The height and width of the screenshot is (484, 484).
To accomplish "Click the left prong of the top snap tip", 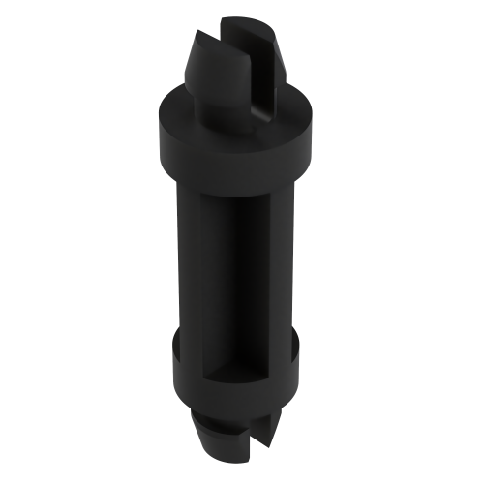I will (x=208, y=68).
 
